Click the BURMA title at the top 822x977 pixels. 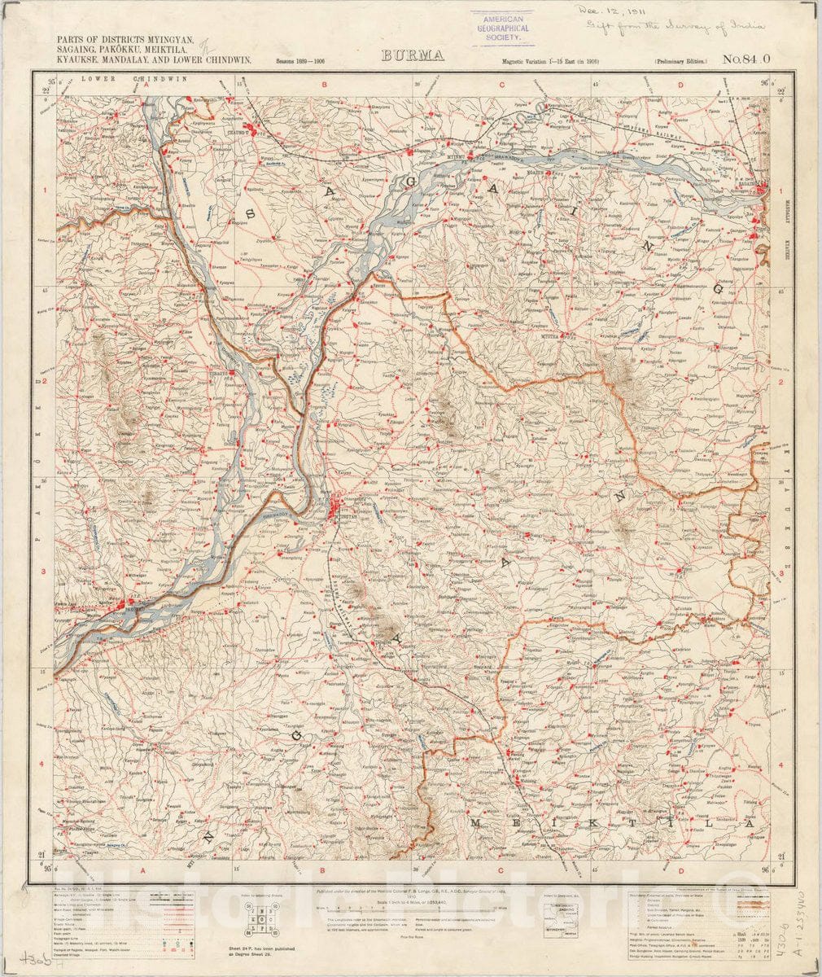pyautogui.click(x=411, y=56)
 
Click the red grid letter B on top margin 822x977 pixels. pyautogui.click(x=322, y=84)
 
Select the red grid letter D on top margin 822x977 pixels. pyautogui.click(x=680, y=84)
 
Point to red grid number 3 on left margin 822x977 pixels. pyautogui.click(x=41, y=572)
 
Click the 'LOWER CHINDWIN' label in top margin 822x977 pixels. pyautogui.click(x=135, y=79)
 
